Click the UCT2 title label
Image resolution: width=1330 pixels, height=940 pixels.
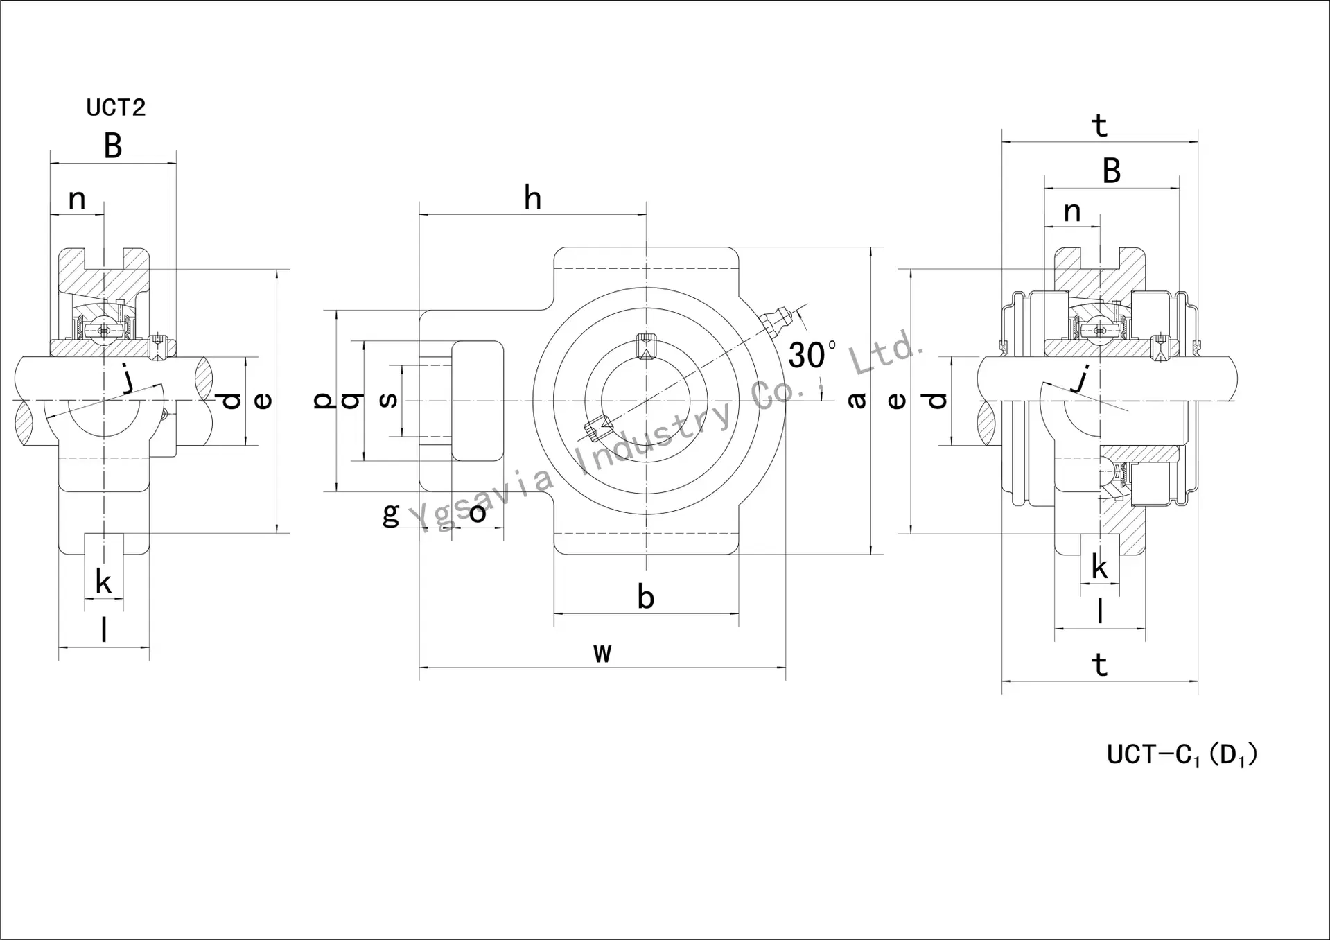(x=116, y=107)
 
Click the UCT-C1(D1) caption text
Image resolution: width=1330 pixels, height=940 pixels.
(x=1182, y=754)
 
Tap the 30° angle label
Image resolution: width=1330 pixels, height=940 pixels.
(x=811, y=355)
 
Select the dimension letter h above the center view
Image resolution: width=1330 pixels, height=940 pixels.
(x=532, y=198)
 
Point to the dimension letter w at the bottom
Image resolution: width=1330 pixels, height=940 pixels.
(x=602, y=652)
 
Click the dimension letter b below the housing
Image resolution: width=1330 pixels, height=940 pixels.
(x=645, y=597)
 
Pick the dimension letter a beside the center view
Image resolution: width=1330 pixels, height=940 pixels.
(x=857, y=400)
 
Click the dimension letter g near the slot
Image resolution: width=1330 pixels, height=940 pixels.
(x=391, y=514)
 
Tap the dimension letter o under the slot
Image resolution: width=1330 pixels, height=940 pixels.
(x=478, y=514)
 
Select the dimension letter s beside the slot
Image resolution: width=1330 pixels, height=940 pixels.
(x=389, y=400)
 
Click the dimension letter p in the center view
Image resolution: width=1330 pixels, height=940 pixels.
(x=323, y=400)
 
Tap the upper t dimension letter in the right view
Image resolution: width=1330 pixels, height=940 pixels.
(x=1099, y=126)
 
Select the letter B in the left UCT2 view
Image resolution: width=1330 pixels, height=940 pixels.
(x=113, y=146)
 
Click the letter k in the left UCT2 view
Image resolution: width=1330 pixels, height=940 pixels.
(x=103, y=582)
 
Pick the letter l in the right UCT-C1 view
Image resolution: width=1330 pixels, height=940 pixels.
(x=1099, y=611)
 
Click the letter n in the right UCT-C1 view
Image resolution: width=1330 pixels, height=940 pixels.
(x=1071, y=211)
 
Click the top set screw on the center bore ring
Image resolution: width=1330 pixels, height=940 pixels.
(x=646, y=345)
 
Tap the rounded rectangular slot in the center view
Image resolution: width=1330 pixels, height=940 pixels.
(x=478, y=400)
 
